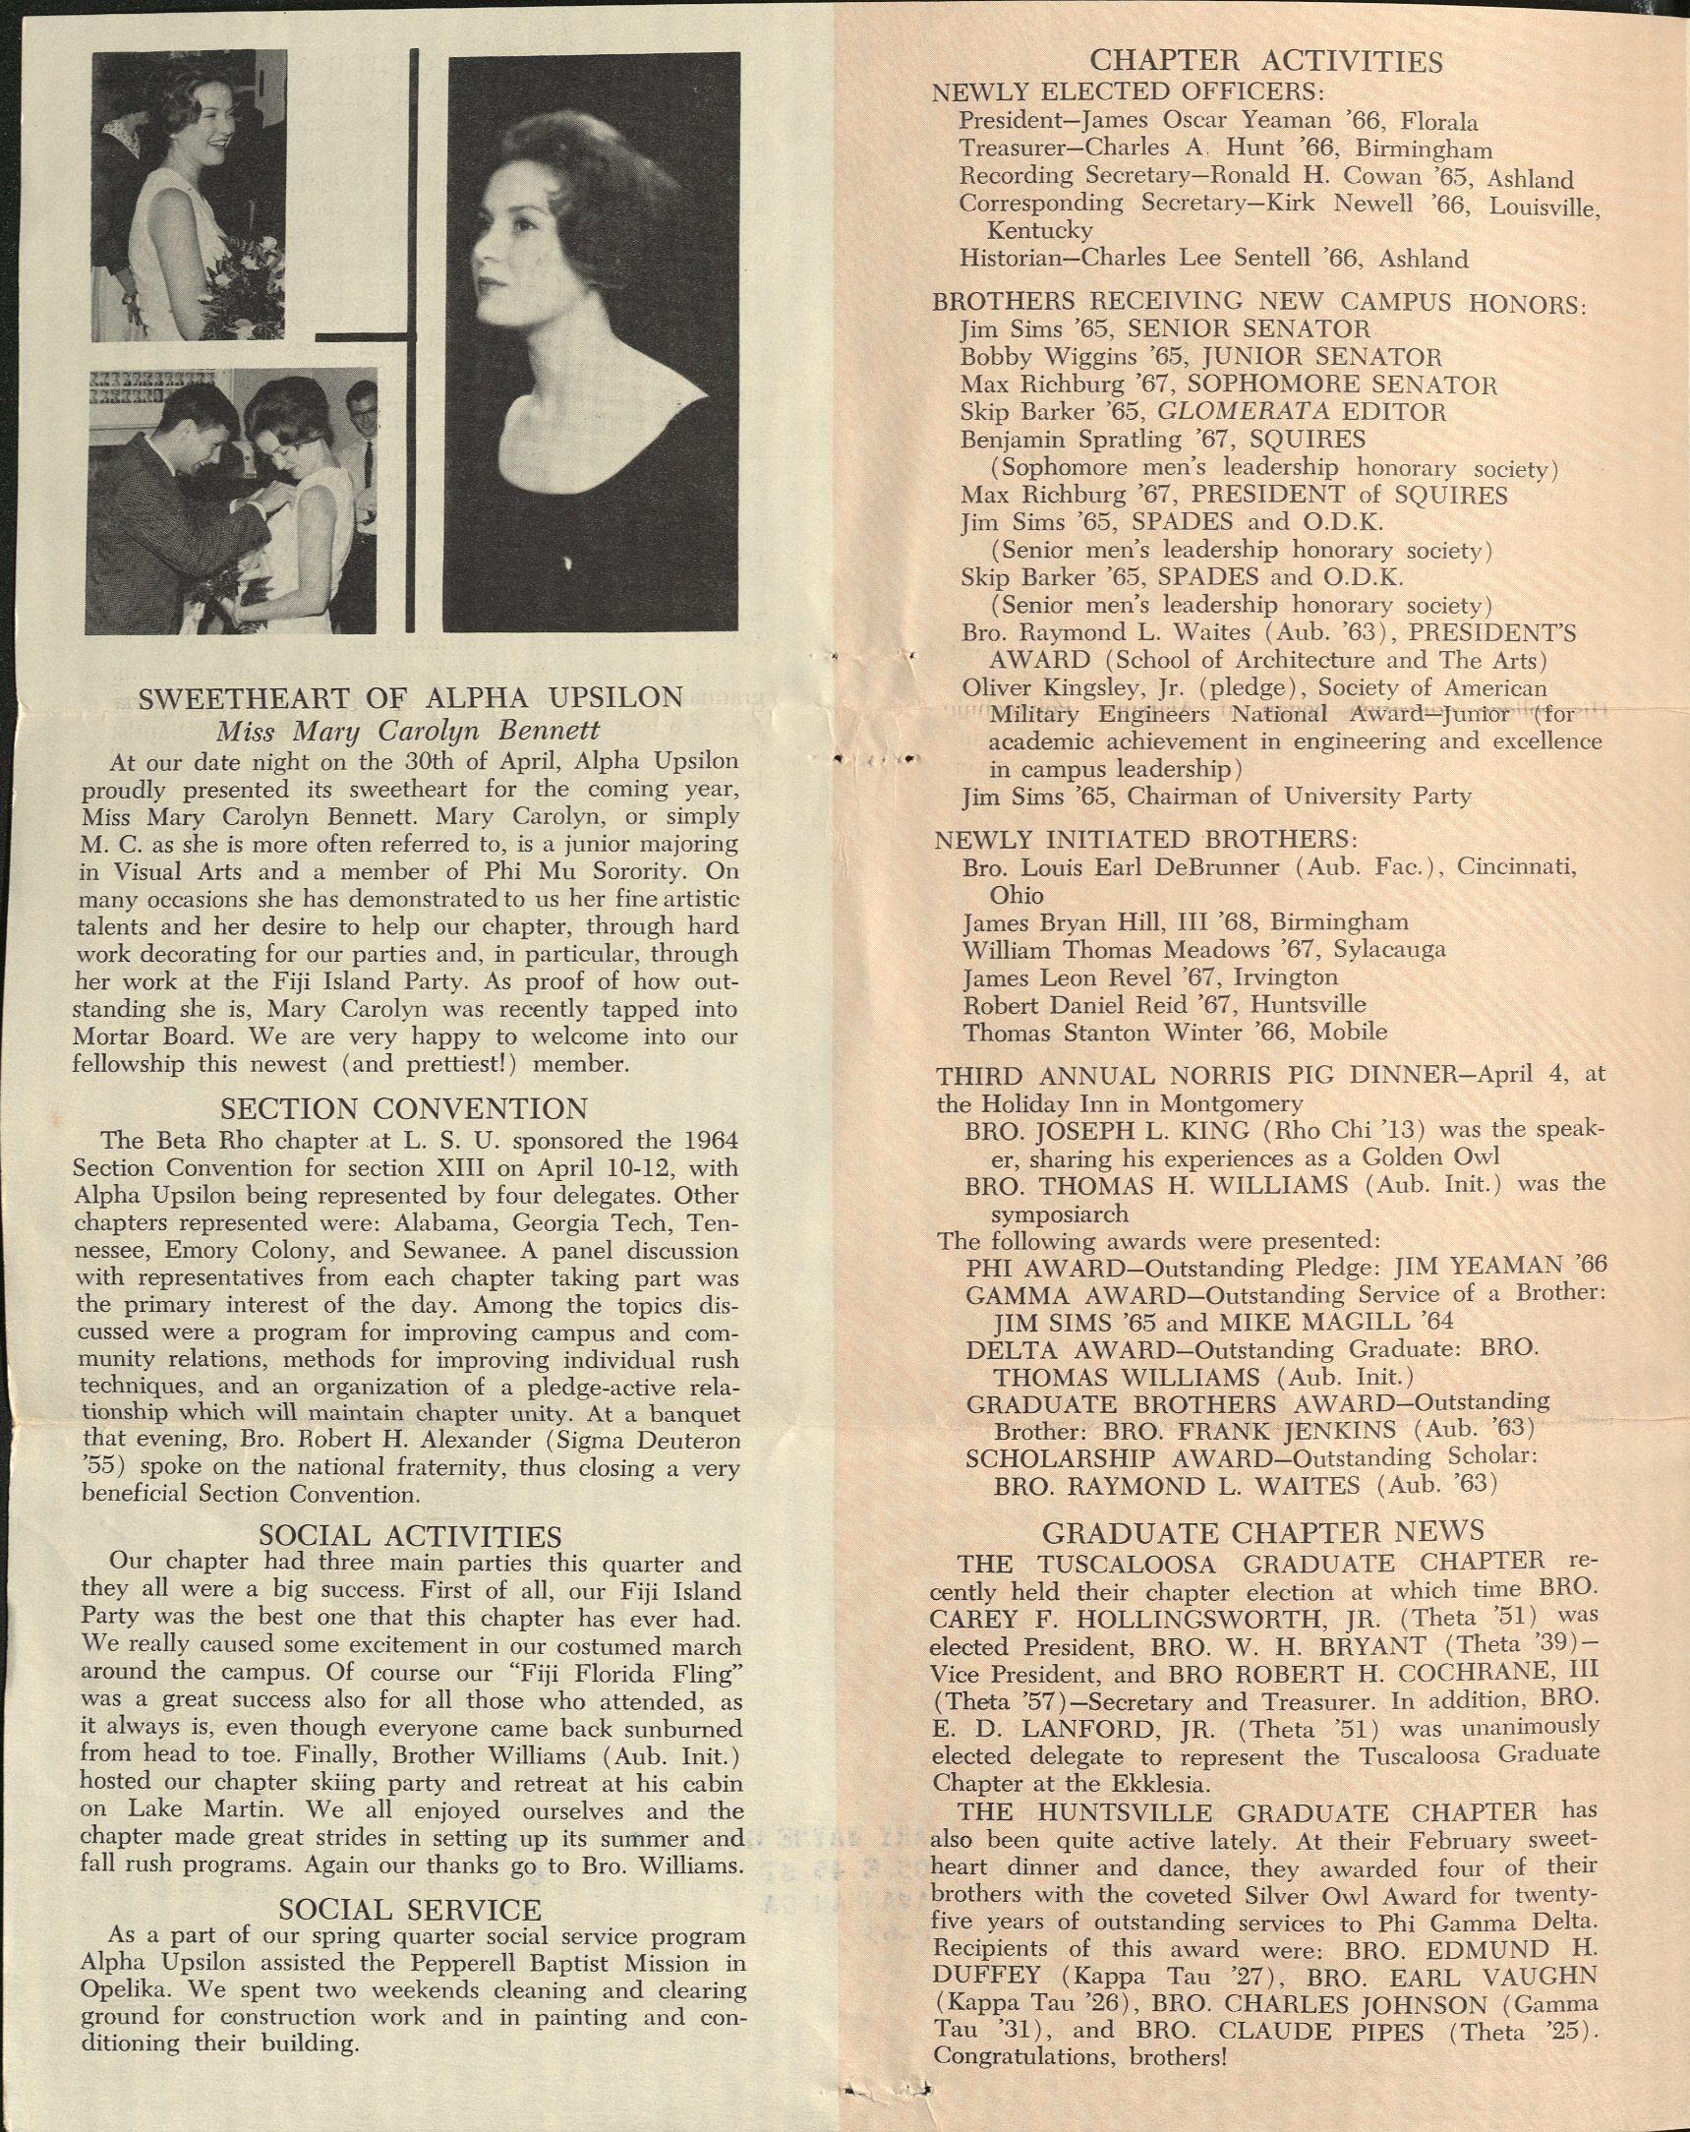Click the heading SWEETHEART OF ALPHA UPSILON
409,698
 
